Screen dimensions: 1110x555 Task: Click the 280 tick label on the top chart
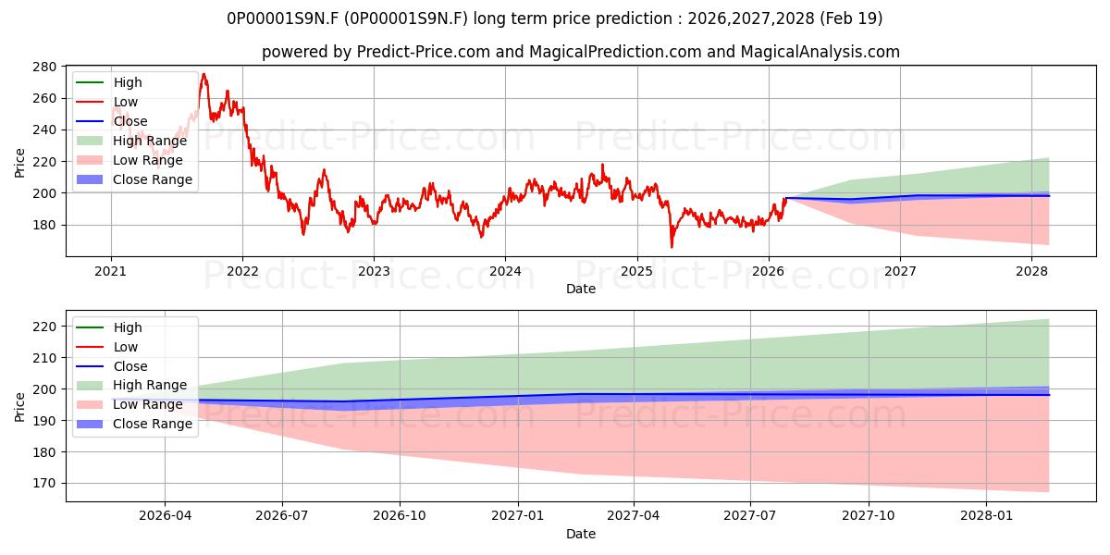click(x=44, y=67)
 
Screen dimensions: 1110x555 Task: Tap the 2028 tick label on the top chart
click(x=1031, y=272)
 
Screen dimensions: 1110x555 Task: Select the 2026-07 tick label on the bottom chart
click(x=282, y=516)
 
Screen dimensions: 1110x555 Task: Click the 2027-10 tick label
click(x=869, y=516)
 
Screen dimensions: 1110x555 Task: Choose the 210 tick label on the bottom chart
click(x=44, y=358)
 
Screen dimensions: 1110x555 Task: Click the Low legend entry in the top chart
click(x=107, y=102)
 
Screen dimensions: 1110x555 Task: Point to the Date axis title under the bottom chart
click(x=581, y=534)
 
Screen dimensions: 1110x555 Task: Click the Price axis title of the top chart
click(x=19, y=163)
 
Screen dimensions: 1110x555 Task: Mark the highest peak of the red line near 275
click(x=203, y=74)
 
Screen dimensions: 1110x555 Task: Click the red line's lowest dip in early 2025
click(x=672, y=247)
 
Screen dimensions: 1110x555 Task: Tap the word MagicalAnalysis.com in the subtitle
click(x=820, y=52)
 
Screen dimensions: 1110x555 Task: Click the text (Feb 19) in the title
click(x=851, y=18)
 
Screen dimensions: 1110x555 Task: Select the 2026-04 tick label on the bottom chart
click(x=165, y=516)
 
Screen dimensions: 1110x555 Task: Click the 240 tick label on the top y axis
click(x=44, y=129)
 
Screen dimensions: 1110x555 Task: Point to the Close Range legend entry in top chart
click(x=134, y=179)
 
